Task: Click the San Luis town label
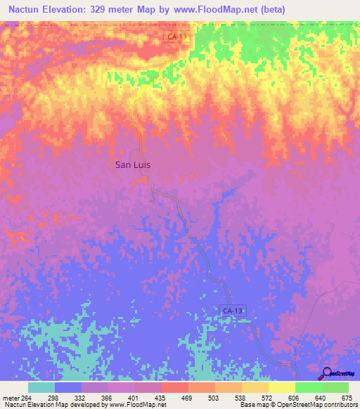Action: pos(133,165)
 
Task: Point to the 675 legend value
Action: pos(347,397)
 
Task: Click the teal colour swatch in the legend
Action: pos(41,387)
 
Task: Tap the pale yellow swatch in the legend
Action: pos(282,387)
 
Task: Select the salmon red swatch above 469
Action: pos(175,387)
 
